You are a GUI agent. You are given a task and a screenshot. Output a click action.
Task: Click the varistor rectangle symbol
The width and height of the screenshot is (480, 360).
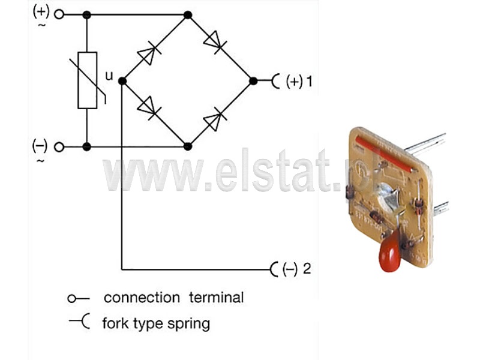coord(87,80)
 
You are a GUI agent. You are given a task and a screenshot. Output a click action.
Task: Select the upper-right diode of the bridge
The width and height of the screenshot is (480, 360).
coord(216,42)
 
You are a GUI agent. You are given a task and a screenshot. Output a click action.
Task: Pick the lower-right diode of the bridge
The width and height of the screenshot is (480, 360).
coord(215,119)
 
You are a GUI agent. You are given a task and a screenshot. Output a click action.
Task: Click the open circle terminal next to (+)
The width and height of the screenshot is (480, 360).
coord(59,14)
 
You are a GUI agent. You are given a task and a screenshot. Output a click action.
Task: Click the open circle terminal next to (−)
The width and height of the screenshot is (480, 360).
coord(59,147)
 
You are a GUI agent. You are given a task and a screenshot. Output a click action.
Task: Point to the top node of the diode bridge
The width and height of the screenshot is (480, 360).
coord(188,14)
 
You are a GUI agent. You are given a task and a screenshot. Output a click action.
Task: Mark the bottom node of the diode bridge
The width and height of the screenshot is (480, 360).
coord(188,146)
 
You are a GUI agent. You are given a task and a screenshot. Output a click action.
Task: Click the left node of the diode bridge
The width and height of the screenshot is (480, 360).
coord(122,81)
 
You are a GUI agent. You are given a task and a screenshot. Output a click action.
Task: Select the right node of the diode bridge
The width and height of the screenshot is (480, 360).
coord(253,81)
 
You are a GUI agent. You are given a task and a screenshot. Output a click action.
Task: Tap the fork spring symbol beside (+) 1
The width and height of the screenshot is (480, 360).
coord(275,81)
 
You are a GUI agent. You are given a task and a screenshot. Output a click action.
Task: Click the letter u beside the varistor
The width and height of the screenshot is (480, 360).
coord(109,76)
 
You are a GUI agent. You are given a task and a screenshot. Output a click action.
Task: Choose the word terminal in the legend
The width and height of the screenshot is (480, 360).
coord(216,298)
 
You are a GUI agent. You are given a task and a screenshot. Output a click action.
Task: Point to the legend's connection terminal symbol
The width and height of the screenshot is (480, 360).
coord(79,298)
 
